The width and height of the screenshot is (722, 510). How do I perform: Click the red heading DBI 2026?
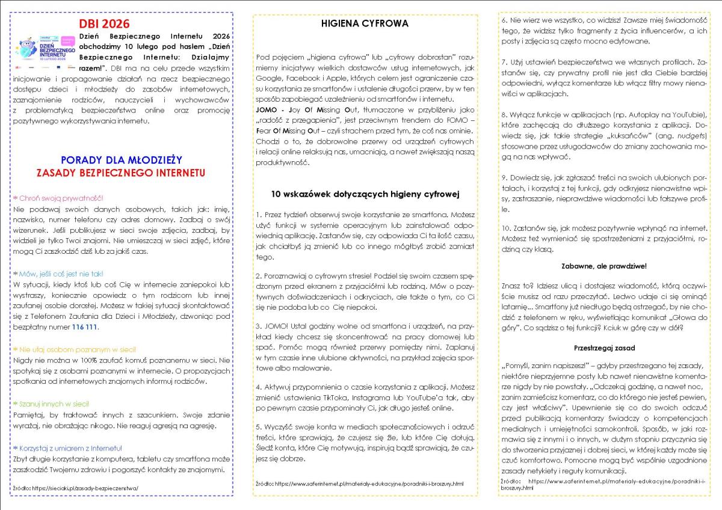click(104, 24)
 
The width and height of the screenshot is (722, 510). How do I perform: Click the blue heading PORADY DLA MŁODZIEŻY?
click(122, 160)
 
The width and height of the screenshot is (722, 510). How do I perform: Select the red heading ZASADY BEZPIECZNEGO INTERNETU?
click(122, 173)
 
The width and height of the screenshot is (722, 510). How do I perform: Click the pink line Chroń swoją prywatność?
click(58, 197)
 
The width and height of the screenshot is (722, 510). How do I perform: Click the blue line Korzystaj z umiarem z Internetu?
click(67, 448)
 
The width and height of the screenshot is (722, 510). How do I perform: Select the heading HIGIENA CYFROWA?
click(365, 23)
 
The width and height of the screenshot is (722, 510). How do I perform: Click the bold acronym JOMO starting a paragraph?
click(267, 109)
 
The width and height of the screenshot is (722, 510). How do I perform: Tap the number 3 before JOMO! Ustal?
click(258, 325)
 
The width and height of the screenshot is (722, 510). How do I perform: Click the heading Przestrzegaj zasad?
click(605, 348)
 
